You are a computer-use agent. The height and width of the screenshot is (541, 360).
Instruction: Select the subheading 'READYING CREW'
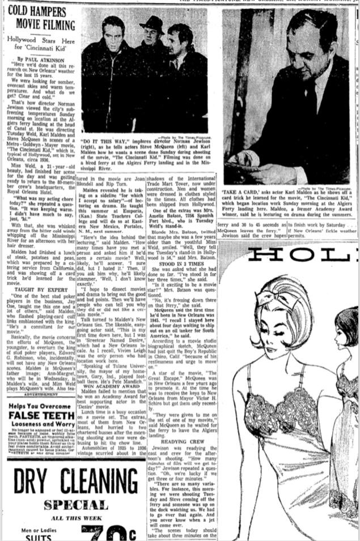coord(182,441)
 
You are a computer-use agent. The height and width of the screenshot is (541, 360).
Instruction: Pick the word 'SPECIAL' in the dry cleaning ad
coord(75,505)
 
